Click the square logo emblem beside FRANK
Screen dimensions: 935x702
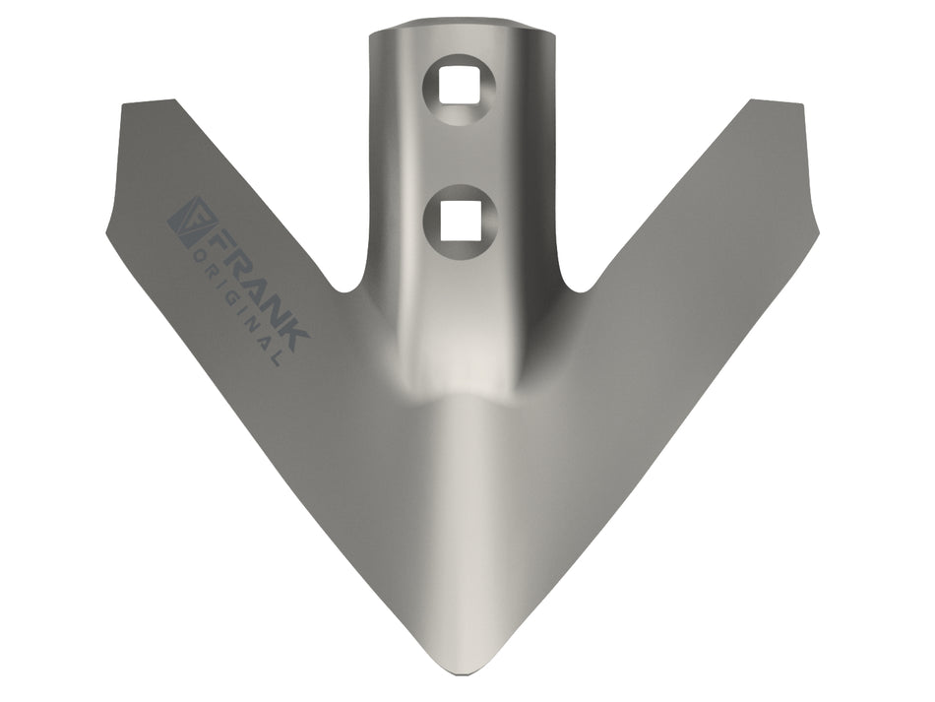pos(190,222)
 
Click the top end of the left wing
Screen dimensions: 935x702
pos(149,102)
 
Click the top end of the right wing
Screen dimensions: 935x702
pos(777,102)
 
